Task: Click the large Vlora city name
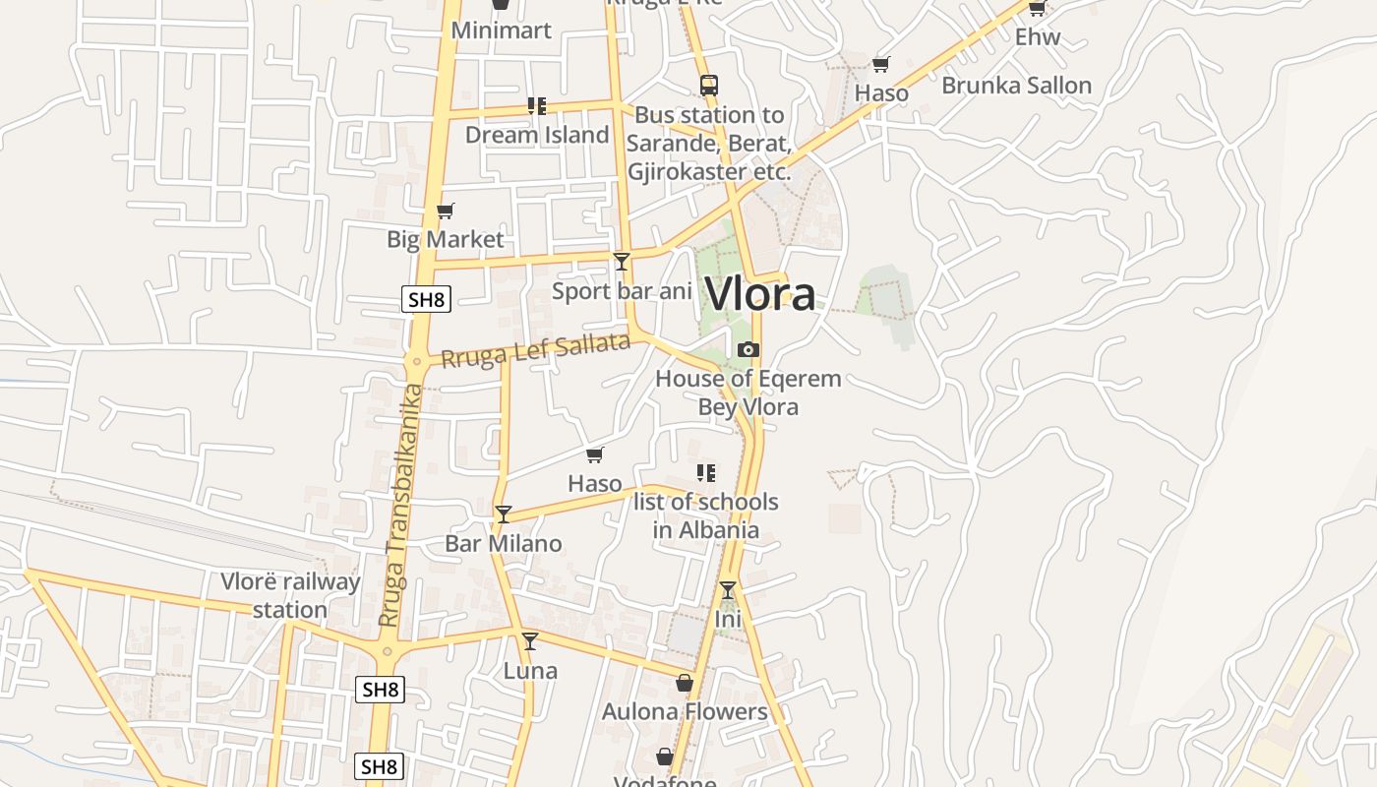pyautogui.click(x=760, y=294)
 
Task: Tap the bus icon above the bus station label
pyautogui.click(x=709, y=85)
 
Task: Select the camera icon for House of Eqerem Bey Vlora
pyautogui.click(x=748, y=349)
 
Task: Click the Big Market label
pyautogui.click(x=445, y=239)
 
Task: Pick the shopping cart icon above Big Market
pyautogui.click(x=445, y=211)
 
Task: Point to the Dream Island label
pyautogui.click(x=537, y=135)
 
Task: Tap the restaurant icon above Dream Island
pyautogui.click(x=537, y=105)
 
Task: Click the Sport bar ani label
pyautogui.click(x=622, y=291)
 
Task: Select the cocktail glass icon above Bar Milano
pyautogui.click(x=504, y=514)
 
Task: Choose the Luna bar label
pyautogui.click(x=530, y=671)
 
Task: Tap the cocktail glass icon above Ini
pyautogui.click(x=728, y=590)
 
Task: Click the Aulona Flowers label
pyautogui.click(x=685, y=711)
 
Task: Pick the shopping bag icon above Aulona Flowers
pyautogui.click(x=685, y=682)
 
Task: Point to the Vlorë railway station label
pyautogui.click(x=290, y=595)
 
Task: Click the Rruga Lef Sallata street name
pyautogui.click(x=535, y=350)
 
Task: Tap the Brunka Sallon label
pyautogui.click(x=1016, y=86)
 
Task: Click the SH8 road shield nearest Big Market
pyautogui.click(x=426, y=299)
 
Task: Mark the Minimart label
pyautogui.click(x=501, y=30)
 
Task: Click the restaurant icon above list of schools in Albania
pyautogui.click(x=705, y=472)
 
